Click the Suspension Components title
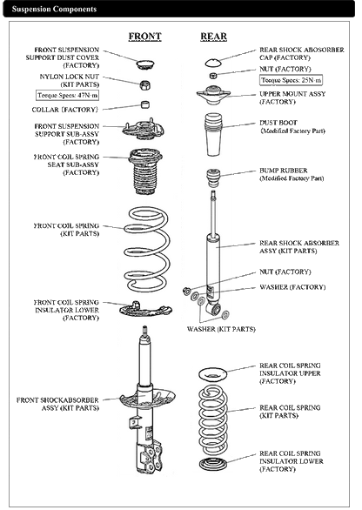coord(47,8)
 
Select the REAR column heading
coord(212,37)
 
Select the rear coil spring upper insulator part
coord(213,374)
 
